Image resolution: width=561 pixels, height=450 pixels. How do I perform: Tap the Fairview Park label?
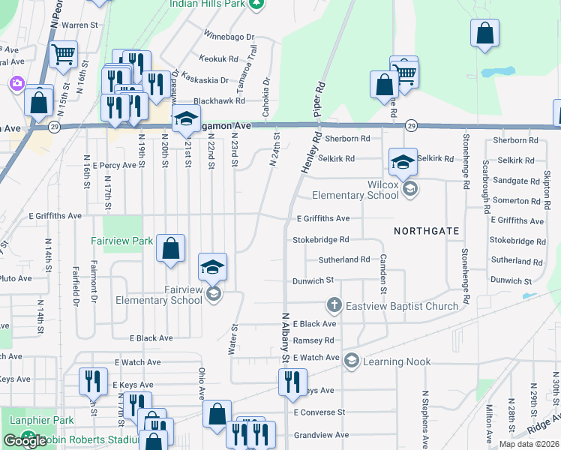click(121, 241)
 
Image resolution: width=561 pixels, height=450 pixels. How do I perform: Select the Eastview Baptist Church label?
click(402, 306)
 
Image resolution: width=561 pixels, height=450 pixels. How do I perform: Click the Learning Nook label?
click(397, 361)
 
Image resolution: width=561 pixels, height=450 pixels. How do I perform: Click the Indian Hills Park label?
click(207, 3)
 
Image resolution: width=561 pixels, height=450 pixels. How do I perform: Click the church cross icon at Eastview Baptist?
click(334, 305)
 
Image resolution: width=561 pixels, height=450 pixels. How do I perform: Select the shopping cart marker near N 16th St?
click(63, 54)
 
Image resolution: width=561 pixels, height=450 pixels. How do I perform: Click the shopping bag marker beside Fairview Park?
click(171, 248)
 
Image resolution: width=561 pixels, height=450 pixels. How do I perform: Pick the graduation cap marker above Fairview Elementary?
click(212, 266)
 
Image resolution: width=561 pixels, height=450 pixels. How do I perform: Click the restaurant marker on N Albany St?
click(292, 381)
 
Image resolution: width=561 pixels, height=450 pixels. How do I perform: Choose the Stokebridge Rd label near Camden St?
click(322, 240)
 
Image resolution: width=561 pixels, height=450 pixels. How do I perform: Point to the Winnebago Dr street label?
click(229, 36)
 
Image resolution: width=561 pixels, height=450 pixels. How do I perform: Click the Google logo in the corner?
click(25, 441)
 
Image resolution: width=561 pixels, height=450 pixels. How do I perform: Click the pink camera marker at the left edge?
click(16, 84)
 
